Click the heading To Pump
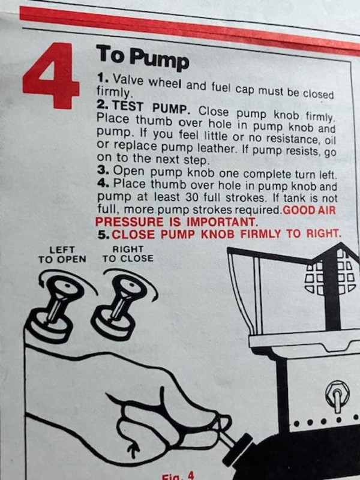click(x=142, y=58)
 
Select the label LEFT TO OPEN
click(x=62, y=254)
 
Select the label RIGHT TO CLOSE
click(x=128, y=254)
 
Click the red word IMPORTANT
click(x=221, y=222)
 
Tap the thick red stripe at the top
click(x=180, y=27)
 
